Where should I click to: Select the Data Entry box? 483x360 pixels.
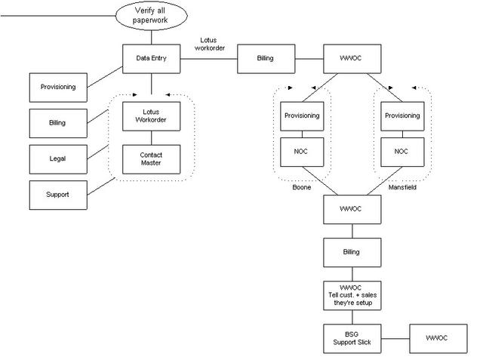152,57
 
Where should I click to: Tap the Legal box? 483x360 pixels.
57,158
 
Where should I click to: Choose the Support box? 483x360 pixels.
57,194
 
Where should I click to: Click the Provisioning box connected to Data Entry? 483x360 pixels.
57,87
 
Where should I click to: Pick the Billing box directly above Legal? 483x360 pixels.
57,123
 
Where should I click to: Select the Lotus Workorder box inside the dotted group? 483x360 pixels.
152,117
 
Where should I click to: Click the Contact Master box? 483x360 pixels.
152,158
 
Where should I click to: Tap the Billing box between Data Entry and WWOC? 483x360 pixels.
265,57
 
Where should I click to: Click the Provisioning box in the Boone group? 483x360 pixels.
302,115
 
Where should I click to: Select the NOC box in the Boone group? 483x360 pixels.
302,151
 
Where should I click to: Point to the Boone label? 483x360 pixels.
302,188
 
